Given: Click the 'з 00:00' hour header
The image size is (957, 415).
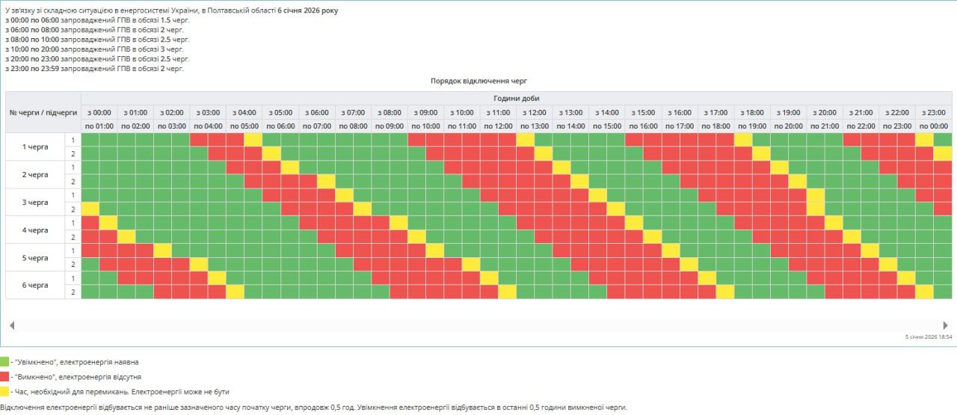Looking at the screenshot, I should click(x=99, y=112).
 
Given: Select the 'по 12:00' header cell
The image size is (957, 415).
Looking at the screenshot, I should click(x=498, y=126).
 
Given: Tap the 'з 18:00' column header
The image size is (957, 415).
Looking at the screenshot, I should click(x=752, y=112).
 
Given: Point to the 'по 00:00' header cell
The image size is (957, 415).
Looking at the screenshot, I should click(x=934, y=126).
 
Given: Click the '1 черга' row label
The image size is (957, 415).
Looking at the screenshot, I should click(x=35, y=147).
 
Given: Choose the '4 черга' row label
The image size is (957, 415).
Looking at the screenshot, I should click(x=35, y=230).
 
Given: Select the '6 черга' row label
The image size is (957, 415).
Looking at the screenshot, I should click(x=35, y=285).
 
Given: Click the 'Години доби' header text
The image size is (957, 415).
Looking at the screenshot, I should click(x=516, y=98).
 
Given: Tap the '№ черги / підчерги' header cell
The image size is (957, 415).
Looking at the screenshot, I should click(x=43, y=112).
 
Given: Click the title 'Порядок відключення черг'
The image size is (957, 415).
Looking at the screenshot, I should click(x=478, y=81).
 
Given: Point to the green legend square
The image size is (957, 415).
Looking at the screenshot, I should click(x=4, y=362).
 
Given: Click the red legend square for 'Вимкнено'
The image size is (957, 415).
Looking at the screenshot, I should click(x=4, y=377).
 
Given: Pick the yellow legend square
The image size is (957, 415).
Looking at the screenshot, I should click(x=4, y=391).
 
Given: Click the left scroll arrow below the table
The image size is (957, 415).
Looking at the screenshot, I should click(x=12, y=325).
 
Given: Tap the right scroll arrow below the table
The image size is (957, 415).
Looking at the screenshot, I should click(x=945, y=325).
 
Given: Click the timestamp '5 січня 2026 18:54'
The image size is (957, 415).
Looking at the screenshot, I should click(x=928, y=337).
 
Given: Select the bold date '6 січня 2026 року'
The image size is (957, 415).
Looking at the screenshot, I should click(x=308, y=11).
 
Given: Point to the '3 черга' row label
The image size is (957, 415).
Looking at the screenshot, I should click(x=35, y=202).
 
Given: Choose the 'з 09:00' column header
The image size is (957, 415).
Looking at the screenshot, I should click(x=425, y=112).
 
